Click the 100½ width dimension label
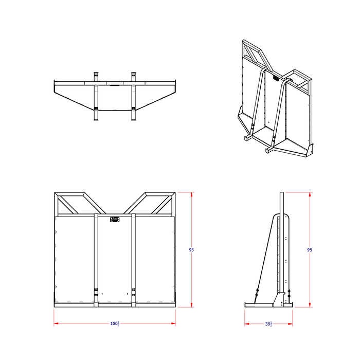(x=114, y=324)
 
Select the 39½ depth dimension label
(x=268, y=324)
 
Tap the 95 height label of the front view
(x=191, y=250)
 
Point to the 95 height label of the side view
(x=310, y=250)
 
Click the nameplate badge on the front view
(x=115, y=220)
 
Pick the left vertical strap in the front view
(x=96, y=257)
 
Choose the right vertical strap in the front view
(x=133, y=257)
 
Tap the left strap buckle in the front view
(x=96, y=291)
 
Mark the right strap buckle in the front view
(x=133, y=291)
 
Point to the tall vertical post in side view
(x=281, y=247)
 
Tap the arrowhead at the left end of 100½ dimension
(x=56, y=323)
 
